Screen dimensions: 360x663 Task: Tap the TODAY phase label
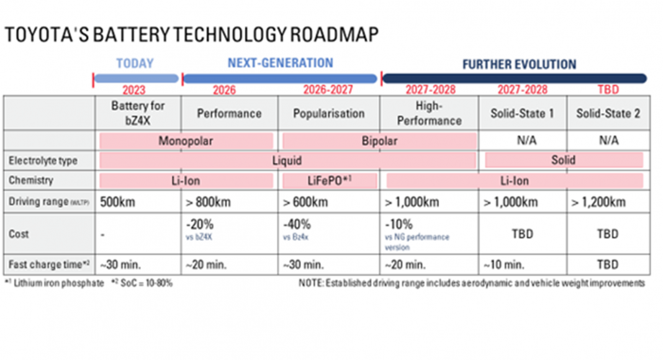[x=135, y=64]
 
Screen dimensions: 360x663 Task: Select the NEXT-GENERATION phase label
[x=280, y=63]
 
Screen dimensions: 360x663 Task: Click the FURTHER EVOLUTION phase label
[x=519, y=65]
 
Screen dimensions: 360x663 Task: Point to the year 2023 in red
[x=134, y=90]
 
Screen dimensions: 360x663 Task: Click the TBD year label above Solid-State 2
[x=608, y=90]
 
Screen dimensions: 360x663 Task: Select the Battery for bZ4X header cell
[x=138, y=112]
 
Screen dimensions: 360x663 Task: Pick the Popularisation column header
[x=328, y=114]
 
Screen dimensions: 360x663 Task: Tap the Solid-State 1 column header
[x=522, y=114]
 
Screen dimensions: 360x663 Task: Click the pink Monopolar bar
[x=186, y=140]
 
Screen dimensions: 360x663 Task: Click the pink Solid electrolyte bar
[x=563, y=160]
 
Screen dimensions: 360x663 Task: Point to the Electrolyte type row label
[x=43, y=161]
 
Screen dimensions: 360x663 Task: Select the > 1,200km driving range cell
[x=599, y=202]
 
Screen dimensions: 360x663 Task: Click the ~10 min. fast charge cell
[x=503, y=264]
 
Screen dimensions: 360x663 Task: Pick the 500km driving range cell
[x=118, y=202]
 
